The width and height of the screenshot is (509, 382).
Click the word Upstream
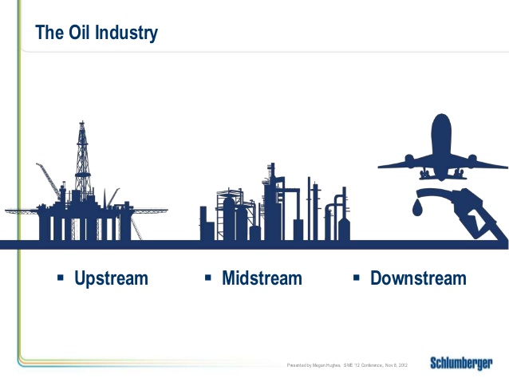(111, 278)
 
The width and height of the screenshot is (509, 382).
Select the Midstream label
(262, 278)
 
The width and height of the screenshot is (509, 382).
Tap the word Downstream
(418, 278)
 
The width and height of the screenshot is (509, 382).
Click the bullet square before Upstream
(60, 278)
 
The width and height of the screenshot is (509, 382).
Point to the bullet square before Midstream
(207, 278)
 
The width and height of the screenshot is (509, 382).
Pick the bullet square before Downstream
(356, 278)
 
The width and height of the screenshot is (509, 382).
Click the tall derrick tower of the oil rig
(81, 159)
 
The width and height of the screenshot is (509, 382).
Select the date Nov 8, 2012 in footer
(397, 365)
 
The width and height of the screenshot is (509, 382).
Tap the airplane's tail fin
(441, 128)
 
